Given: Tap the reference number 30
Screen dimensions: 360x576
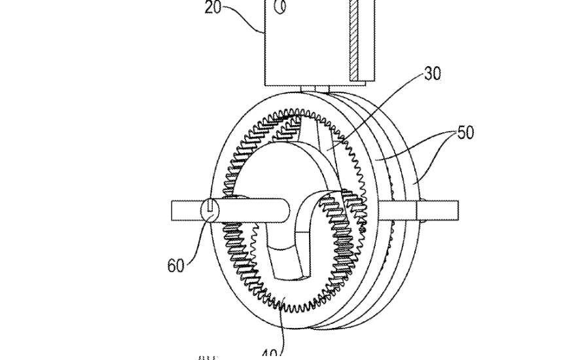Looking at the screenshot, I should (x=432, y=74).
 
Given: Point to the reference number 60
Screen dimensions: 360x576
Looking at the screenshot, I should (x=175, y=265).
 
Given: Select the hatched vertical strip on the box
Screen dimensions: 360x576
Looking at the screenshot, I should (x=353, y=39).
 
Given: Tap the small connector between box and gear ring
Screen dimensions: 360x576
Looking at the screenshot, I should (x=314, y=90).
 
